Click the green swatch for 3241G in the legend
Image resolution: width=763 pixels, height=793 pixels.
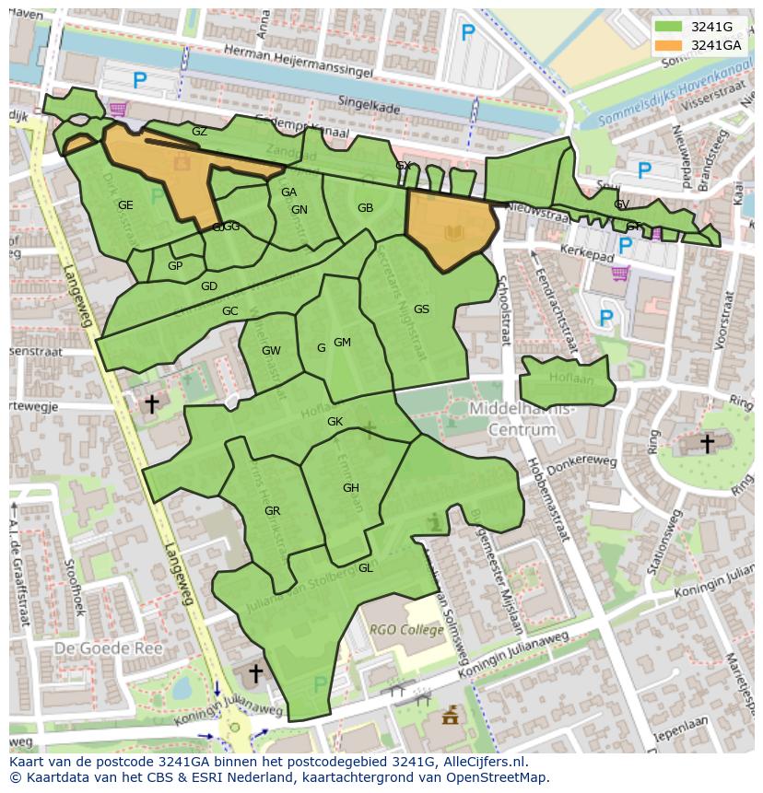[670, 27]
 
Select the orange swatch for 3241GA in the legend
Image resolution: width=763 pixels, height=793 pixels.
[670, 45]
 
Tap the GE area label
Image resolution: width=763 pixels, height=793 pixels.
[125, 205]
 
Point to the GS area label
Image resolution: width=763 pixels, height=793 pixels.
[421, 309]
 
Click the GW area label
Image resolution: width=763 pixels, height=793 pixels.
[271, 351]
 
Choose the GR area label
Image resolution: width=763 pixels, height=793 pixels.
[272, 511]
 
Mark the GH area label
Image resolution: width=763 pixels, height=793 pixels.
[350, 488]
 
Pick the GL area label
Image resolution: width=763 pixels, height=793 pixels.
[365, 568]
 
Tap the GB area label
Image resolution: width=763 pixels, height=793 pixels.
[365, 208]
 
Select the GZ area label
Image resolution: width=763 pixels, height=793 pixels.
[199, 132]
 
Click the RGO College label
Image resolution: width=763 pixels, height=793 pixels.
[407, 630]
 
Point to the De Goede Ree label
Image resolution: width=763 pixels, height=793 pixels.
[108, 648]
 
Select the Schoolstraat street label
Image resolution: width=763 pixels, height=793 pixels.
[504, 313]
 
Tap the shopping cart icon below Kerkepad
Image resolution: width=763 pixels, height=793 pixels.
[620, 273]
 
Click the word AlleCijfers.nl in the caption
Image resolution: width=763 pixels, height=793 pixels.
[482, 762]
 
